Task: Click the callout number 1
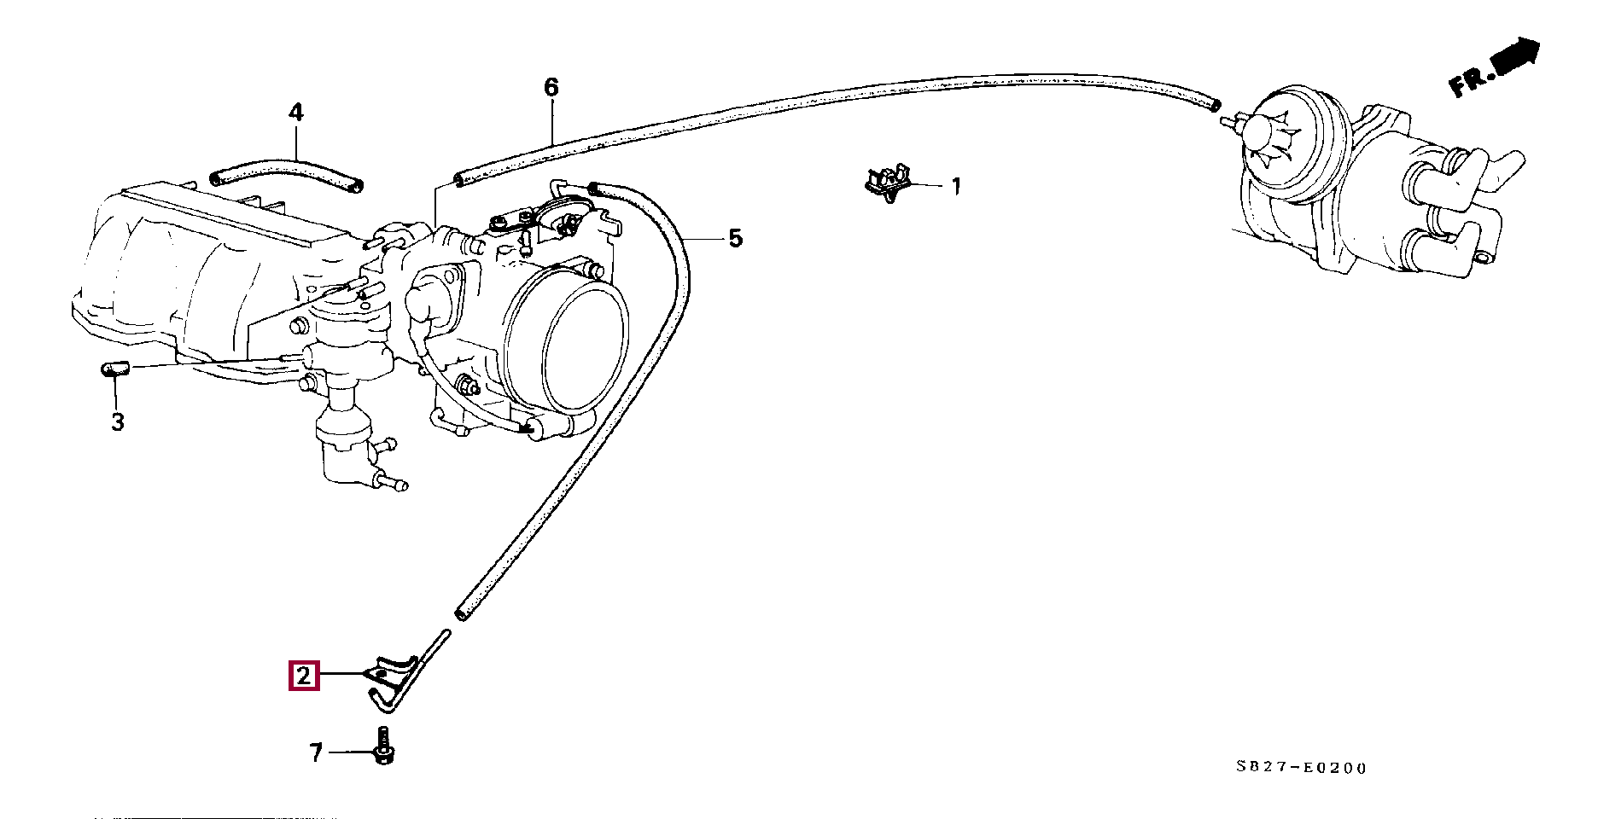956,186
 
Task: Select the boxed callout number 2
304,676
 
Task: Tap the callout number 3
118,421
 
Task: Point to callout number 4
295,113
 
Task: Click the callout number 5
736,238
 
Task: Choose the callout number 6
551,87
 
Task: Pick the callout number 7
316,753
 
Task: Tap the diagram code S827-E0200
1302,768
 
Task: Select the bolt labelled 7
382,745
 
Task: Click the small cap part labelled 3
113,369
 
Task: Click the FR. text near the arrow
1471,81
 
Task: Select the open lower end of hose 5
462,613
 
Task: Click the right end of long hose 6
1210,104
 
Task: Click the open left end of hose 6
460,180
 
